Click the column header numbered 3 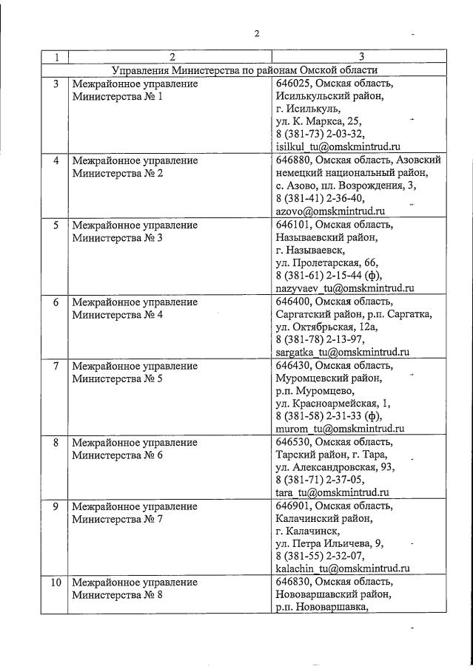[360, 57]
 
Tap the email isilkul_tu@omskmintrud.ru [337, 146]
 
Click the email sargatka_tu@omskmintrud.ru [342, 353]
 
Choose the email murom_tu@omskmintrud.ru [339, 428]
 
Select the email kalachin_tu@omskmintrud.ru [342, 568]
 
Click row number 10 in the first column [54, 583]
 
